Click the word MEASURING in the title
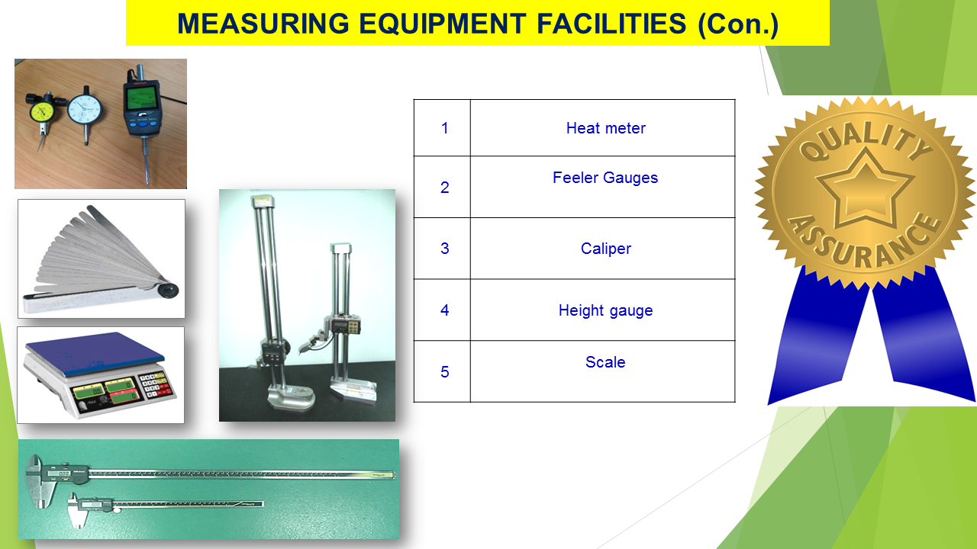pos(263,24)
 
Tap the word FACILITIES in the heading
pos(611,24)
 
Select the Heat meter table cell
pos(605,128)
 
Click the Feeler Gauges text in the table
pos(605,178)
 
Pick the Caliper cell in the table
pos(605,249)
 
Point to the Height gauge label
pos(605,310)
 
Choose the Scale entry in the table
pos(605,362)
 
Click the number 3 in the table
pos(444,249)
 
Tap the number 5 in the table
pos(444,372)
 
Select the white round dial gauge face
pos(85,109)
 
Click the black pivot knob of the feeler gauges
pos(168,291)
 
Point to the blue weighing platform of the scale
pos(95,353)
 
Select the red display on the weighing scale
pos(124,396)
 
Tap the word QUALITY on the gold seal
pos(866,140)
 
